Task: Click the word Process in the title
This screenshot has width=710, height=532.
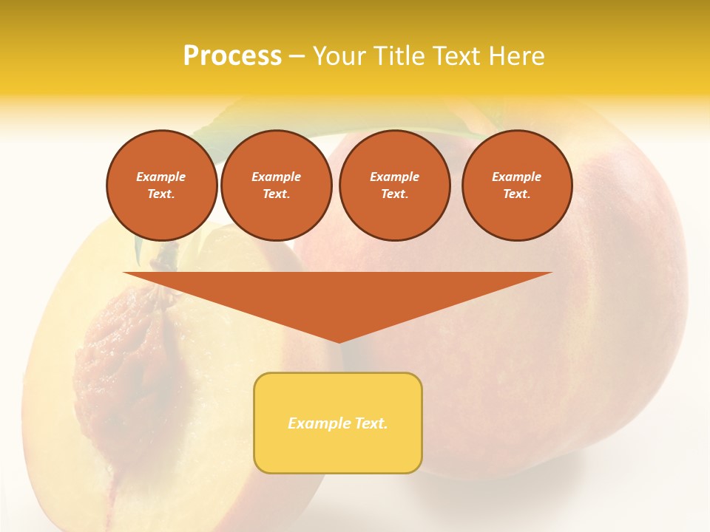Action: pyautogui.click(x=232, y=56)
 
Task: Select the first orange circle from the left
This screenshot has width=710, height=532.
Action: pyautogui.click(x=162, y=185)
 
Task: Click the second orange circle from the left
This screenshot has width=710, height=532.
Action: pyautogui.click(x=277, y=185)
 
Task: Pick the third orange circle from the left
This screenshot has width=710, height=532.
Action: pyautogui.click(x=394, y=185)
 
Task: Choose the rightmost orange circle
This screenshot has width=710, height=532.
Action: pyautogui.click(x=517, y=185)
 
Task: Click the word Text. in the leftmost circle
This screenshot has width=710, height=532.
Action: pyautogui.click(x=161, y=194)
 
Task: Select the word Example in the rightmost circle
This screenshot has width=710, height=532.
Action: pyautogui.click(x=516, y=177)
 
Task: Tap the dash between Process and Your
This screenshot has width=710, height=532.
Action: pyautogui.click(x=297, y=56)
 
